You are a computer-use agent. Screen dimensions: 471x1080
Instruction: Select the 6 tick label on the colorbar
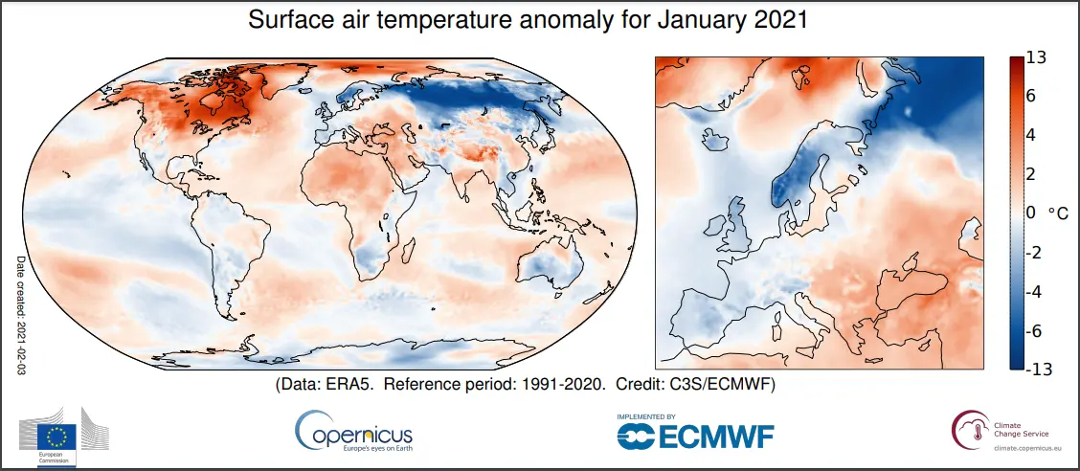[1030, 97]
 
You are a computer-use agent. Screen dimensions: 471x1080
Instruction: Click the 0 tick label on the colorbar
[1030, 213]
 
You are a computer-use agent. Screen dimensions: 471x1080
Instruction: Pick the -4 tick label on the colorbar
[1034, 290]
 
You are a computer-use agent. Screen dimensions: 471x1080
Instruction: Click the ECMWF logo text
[694, 437]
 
